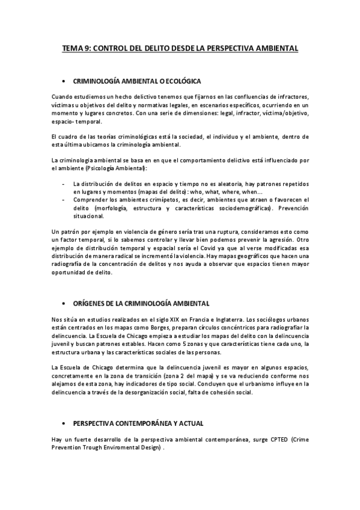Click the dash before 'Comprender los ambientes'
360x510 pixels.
[x=64, y=199]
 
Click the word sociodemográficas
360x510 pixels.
[x=231, y=207]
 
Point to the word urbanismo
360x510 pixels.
[x=266, y=383]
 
